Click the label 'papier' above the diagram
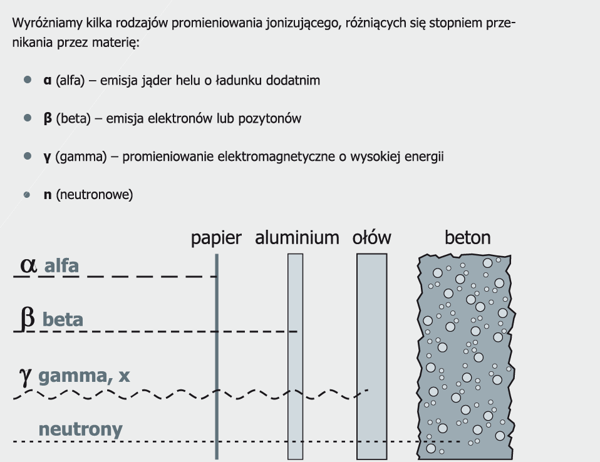216,239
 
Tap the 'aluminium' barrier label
297,238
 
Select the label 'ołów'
371,238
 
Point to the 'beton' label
467,238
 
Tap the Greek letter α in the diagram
28,265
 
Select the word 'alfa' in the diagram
61,266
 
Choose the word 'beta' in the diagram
63,320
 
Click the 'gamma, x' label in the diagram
84,376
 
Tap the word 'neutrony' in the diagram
80,429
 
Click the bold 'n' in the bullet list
47,195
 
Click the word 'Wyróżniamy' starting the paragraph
41,24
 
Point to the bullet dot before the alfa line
27,80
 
